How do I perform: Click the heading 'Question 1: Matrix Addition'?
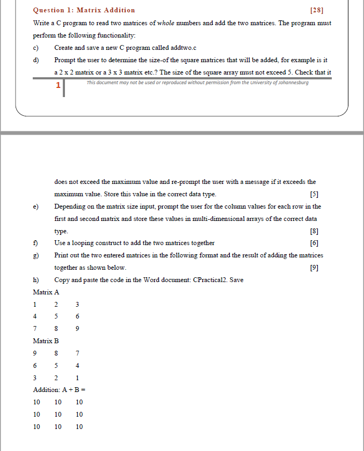click(x=84, y=10)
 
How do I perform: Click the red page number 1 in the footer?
click(x=58, y=85)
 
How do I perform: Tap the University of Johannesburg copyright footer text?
click(x=198, y=83)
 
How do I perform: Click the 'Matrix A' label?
click(x=46, y=292)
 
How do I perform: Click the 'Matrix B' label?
click(x=46, y=341)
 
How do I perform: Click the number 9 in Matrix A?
click(x=78, y=329)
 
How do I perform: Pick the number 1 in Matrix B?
click(x=78, y=378)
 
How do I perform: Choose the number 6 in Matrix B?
click(x=35, y=366)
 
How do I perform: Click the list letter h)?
click(x=36, y=280)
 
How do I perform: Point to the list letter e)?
click(x=36, y=206)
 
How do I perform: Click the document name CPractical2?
click(x=208, y=280)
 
